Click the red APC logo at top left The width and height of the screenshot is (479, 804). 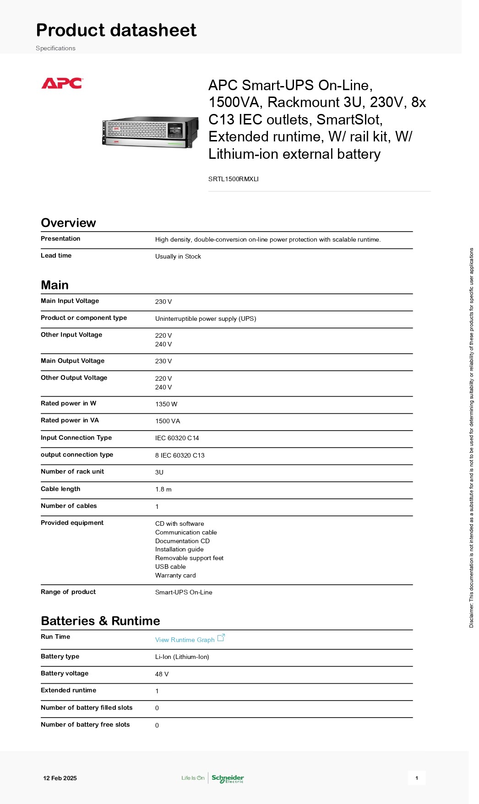click(x=62, y=83)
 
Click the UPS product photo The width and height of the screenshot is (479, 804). click(x=151, y=132)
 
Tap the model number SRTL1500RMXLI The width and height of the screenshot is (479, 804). click(x=233, y=179)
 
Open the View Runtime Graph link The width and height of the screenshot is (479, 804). click(x=185, y=640)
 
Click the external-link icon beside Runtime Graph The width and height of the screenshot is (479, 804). click(x=221, y=637)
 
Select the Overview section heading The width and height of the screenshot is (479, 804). click(x=68, y=223)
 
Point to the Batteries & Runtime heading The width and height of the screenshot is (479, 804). click(x=100, y=621)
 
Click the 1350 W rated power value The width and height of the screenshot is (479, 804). click(x=166, y=404)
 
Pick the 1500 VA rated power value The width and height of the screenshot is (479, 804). click(x=167, y=421)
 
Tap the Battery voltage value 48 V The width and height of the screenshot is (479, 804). click(x=162, y=674)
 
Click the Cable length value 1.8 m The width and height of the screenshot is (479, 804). click(x=163, y=489)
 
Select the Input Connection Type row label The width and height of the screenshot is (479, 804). click(x=76, y=437)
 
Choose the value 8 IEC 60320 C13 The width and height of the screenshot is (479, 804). click(x=180, y=455)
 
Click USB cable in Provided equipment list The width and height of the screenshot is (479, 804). click(x=170, y=567)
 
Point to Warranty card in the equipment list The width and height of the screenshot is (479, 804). click(x=175, y=575)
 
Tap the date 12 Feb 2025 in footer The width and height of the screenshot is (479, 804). click(x=60, y=778)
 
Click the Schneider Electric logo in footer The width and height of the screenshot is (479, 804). click(x=228, y=778)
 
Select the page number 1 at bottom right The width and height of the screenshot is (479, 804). click(x=417, y=778)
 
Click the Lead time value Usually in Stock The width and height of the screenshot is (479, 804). click(x=178, y=256)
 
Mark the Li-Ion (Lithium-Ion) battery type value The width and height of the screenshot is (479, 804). click(x=182, y=657)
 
